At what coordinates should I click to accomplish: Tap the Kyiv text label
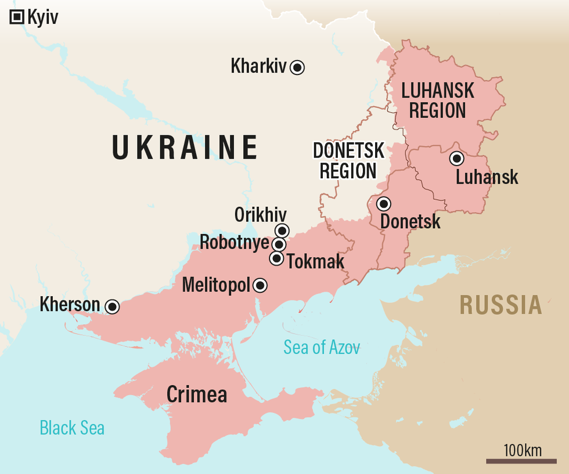42,17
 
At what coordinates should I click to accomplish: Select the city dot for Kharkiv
297,67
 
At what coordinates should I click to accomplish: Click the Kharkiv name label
258,66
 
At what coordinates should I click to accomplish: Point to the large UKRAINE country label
185,147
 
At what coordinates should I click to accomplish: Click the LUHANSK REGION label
438,100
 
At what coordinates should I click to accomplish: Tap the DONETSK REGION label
348,161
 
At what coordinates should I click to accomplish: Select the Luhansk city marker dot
456,158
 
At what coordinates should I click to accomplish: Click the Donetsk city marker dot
383,204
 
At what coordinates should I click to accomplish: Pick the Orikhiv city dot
282,231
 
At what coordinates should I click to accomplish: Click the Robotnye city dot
279,245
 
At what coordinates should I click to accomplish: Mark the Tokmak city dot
277,258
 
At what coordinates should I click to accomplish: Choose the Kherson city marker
112,306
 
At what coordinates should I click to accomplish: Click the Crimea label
196,394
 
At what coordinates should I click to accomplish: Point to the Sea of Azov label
321,347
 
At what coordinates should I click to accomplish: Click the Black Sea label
72,428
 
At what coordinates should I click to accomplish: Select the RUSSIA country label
500,305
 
